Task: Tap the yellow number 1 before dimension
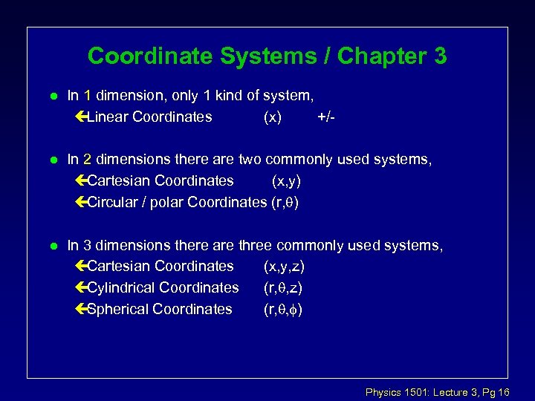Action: point(88,95)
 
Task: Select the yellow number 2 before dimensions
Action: point(88,159)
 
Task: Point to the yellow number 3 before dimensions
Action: point(88,245)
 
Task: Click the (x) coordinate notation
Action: point(273,117)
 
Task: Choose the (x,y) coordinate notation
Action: point(286,180)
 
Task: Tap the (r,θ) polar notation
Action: point(285,202)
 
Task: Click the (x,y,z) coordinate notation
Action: point(284,266)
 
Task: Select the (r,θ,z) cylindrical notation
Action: point(282,287)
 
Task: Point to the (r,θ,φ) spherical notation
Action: point(283,309)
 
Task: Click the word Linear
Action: point(108,117)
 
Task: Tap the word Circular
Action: point(113,202)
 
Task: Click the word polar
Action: point(167,202)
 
